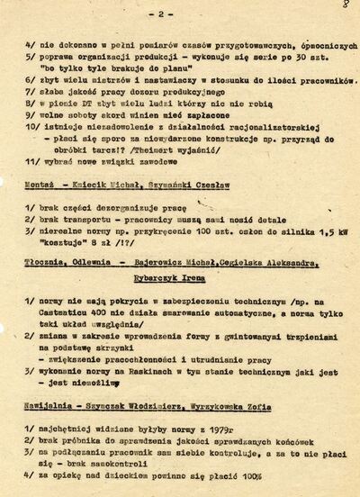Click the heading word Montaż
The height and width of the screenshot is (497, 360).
[39, 183]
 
